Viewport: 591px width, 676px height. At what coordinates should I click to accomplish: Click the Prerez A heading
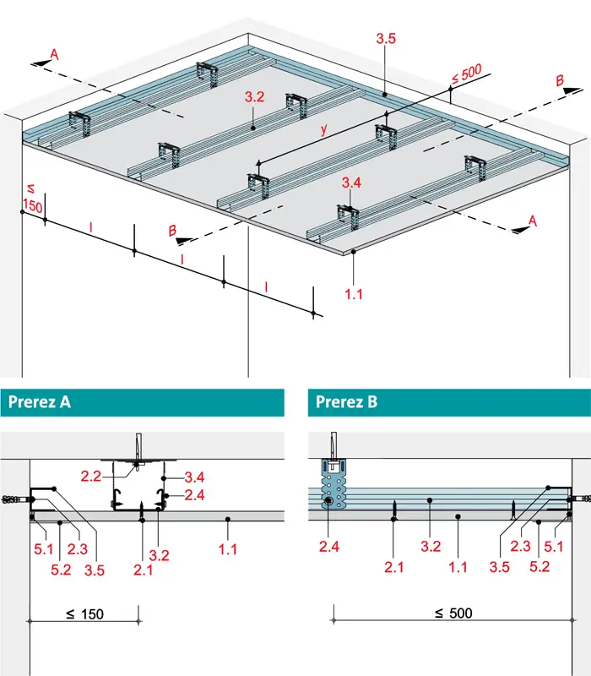coord(39,402)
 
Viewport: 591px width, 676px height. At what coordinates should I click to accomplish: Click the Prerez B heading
coord(346,402)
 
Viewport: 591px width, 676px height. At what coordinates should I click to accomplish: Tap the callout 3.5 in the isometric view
coord(386,38)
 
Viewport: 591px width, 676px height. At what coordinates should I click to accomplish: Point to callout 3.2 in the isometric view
coord(255,97)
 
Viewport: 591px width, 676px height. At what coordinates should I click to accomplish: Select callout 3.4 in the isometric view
coord(351,183)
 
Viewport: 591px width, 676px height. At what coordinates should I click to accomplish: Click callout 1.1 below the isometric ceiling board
coord(353,294)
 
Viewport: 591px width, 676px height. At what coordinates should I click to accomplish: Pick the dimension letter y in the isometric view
coord(324,128)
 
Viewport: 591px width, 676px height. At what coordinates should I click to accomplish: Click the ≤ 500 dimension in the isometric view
coord(467,74)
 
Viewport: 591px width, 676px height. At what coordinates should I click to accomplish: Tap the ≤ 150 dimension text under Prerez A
coord(85,614)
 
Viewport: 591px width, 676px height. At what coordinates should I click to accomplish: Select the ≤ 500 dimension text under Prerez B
coord(453,613)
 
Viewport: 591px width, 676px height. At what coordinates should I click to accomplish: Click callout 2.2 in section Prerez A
coord(91,477)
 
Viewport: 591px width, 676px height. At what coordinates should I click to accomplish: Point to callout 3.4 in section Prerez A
coord(194,477)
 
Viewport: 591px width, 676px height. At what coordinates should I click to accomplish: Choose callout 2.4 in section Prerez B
coord(329,547)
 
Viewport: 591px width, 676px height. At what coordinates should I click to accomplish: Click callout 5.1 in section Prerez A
coord(44,548)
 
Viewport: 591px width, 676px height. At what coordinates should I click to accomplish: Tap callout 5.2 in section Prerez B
coord(539,566)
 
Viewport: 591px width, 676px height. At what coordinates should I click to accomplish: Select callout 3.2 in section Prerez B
coord(431,547)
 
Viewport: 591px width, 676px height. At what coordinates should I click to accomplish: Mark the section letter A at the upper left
coord(54,54)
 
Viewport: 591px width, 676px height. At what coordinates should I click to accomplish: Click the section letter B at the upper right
coord(560,80)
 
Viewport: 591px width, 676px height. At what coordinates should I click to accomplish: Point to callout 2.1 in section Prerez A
coord(143,570)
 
